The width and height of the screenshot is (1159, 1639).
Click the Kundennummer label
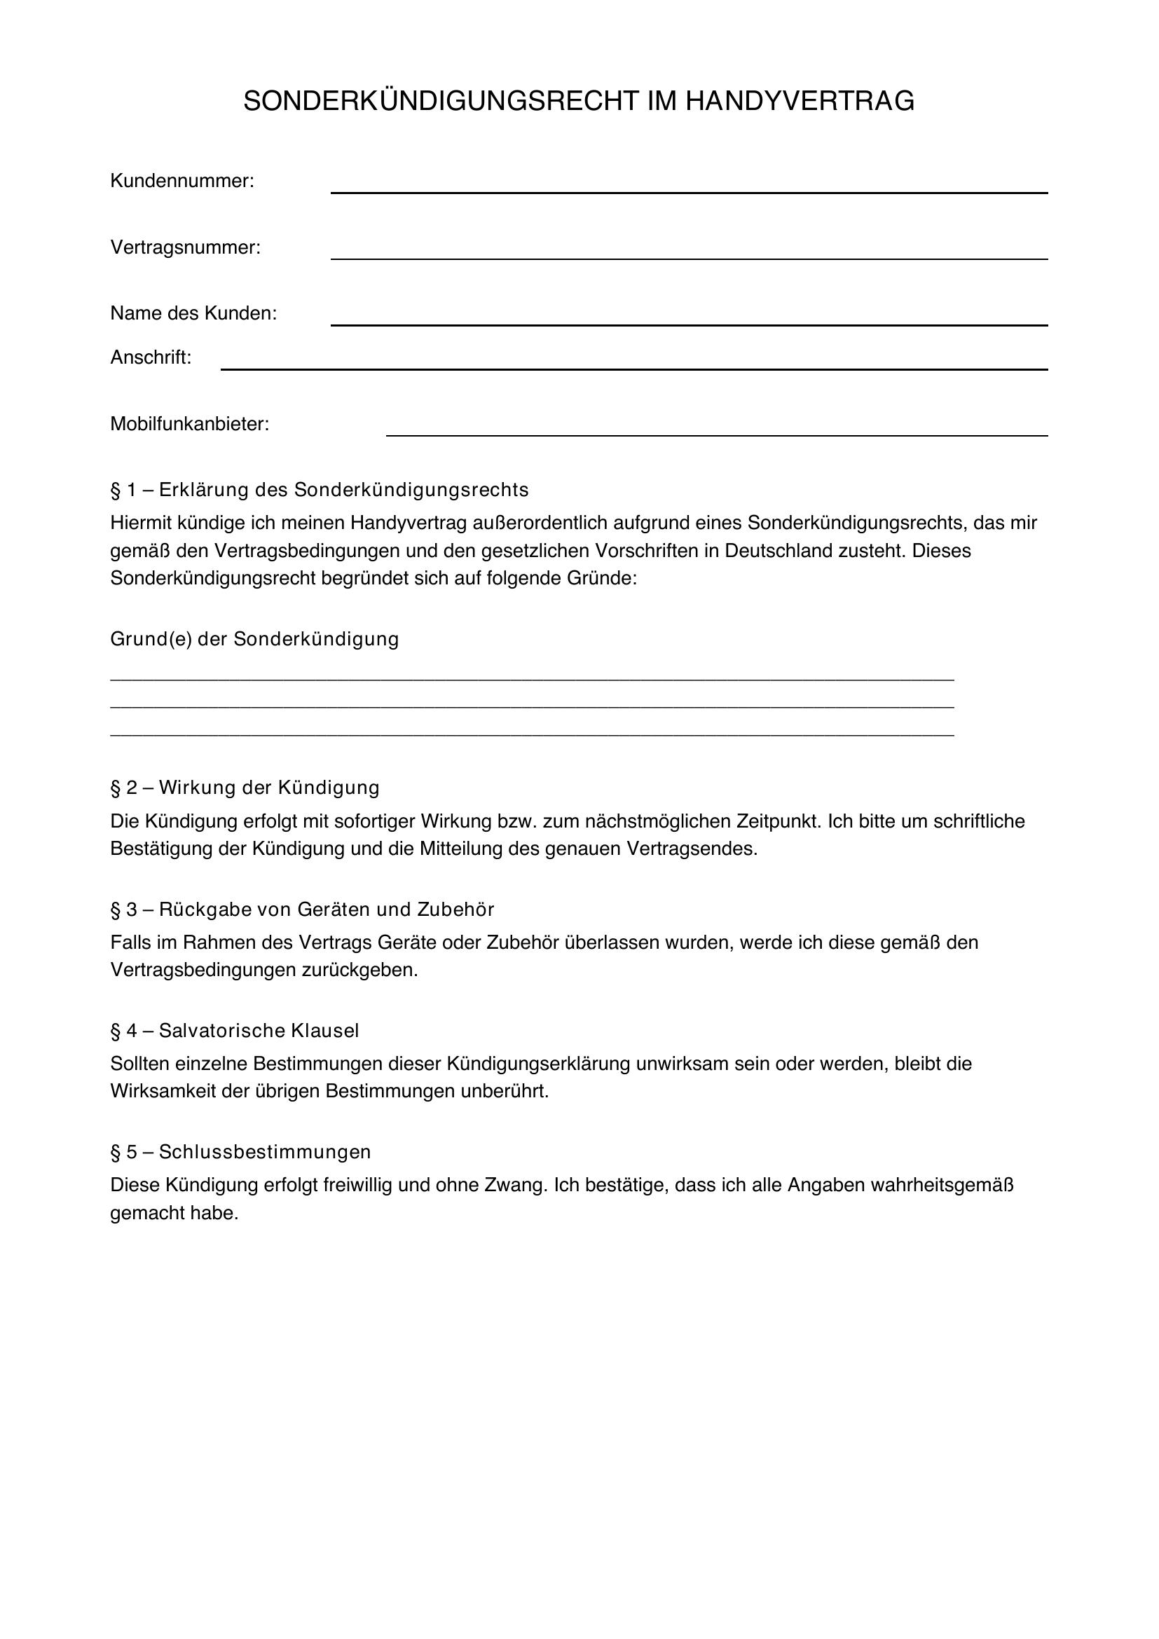[x=182, y=181]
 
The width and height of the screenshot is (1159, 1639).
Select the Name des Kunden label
[x=193, y=313]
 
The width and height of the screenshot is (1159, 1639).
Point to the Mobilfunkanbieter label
[x=190, y=424]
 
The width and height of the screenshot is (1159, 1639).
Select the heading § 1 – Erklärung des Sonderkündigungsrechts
[x=319, y=490]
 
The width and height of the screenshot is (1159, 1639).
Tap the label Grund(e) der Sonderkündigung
[x=254, y=639]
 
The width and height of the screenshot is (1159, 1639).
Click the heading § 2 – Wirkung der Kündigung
[x=245, y=788]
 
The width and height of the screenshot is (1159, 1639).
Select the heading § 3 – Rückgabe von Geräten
[x=302, y=910]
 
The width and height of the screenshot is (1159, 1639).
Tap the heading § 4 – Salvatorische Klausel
[x=234, y=1031]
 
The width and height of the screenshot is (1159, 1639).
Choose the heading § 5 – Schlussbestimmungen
[x=240, y=1152]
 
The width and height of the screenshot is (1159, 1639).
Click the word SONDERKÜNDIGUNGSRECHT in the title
[x=440, y=102]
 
